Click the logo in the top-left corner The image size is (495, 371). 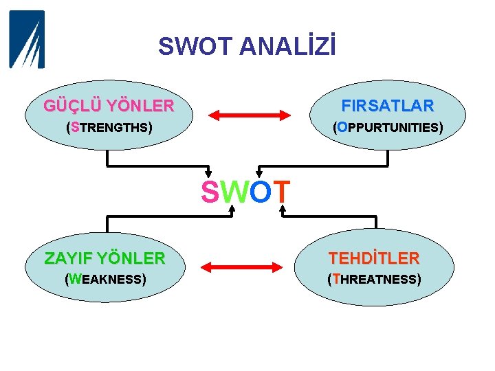27,39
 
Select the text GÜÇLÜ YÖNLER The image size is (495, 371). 109,106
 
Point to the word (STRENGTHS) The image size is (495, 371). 109,128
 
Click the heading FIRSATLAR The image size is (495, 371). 388,106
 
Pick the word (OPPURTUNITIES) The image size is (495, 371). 388,128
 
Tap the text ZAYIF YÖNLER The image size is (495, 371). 104,258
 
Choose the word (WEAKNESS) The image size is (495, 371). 104,280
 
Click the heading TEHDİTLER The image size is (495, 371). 374,258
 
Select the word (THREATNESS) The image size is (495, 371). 374,280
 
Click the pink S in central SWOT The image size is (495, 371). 210,193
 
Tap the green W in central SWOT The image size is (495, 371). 234,193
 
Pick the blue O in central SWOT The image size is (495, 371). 260,193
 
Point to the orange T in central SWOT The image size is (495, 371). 282,193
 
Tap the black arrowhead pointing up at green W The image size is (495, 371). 232,208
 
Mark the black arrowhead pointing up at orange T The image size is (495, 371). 282,208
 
